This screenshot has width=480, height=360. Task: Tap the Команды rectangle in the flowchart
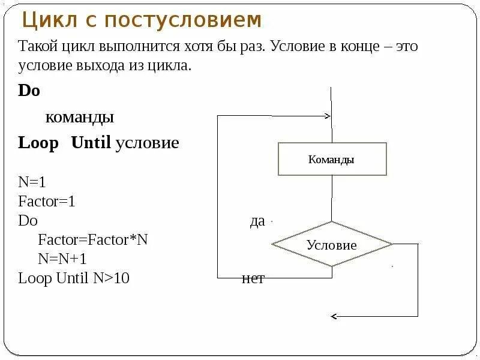(x=332, y=159)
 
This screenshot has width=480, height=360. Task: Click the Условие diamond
(x=332, y=245)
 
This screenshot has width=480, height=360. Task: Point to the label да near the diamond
(x=257, y=221)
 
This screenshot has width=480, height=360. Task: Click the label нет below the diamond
(x=253, y=279)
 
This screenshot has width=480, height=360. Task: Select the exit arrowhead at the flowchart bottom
(x=335, y=316)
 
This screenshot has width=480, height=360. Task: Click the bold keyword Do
(x=29, y=91)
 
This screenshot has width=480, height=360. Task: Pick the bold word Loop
(x=38, y=143)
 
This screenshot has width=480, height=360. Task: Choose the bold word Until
(x=91, y=143)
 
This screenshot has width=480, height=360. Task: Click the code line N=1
(x=32, y=182)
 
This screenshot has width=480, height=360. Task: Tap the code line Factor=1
(x=47, y=201)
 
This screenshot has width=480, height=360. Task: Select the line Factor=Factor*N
(x=92, y=239)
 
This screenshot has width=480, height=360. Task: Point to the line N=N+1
(x=62, y=259)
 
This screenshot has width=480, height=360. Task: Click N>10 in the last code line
(x=112, y=278)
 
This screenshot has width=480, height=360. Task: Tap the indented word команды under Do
(x=80, y=117)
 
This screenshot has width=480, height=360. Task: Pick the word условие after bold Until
(x=148, y=143)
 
